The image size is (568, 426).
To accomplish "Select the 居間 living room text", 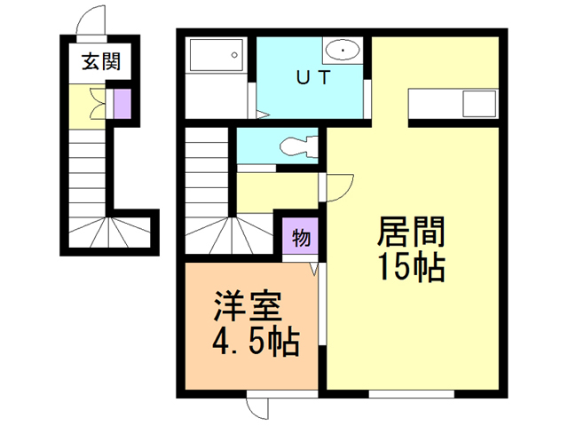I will pos(411,233).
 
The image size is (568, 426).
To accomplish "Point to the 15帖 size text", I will pos(411,268).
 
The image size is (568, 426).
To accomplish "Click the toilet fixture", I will pos(293,144).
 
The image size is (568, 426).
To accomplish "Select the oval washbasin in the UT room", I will pos(341,49).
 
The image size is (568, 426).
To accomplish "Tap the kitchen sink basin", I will pos(477,105).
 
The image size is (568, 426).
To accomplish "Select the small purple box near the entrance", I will pos(121,103).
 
